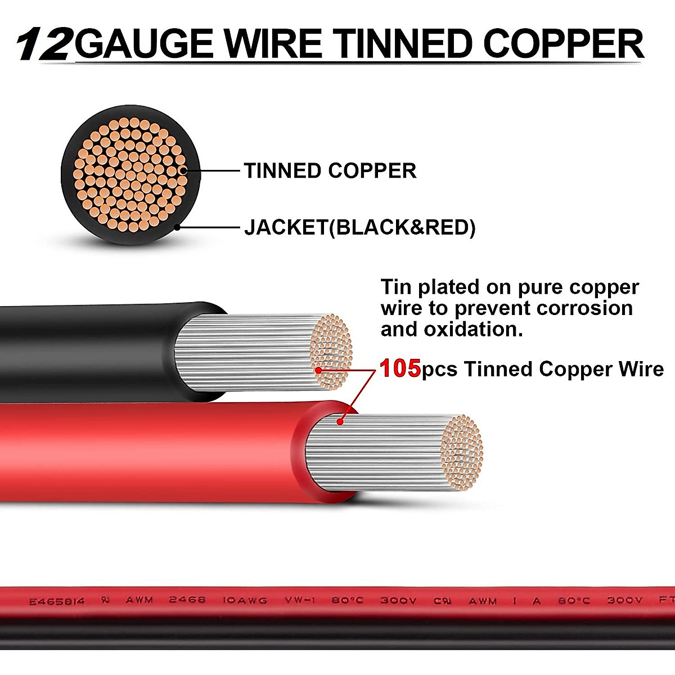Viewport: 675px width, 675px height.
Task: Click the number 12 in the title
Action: click(44, 44)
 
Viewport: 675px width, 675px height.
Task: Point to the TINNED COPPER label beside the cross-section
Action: click(330, 170)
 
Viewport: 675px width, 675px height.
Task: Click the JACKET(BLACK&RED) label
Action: click(359, 227)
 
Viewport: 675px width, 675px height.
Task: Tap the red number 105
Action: click(400, 369)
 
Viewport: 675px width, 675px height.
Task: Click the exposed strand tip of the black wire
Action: click(332, 352)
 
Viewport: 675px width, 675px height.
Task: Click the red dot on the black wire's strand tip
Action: click(318, 370)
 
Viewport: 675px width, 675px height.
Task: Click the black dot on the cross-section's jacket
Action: click(178, 227)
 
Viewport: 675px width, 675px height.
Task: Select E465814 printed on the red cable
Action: click(56, 601)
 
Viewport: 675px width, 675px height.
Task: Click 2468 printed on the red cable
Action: click(187, 600)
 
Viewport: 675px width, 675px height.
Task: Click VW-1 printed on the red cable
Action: click(299, 601)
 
